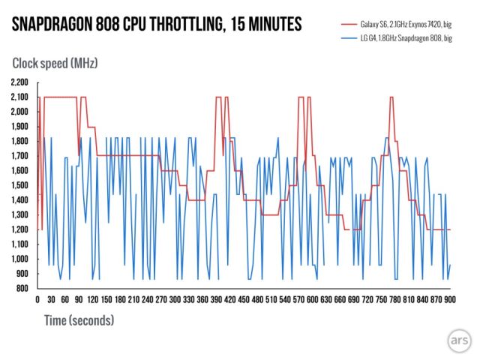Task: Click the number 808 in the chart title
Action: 107,25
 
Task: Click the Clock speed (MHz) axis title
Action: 54,63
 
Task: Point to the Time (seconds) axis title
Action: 73,320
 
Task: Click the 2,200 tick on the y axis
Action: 18,82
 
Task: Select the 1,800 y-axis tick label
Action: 18,141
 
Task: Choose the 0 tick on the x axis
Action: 37,300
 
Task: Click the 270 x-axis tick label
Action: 160,300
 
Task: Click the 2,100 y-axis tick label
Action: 18,97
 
